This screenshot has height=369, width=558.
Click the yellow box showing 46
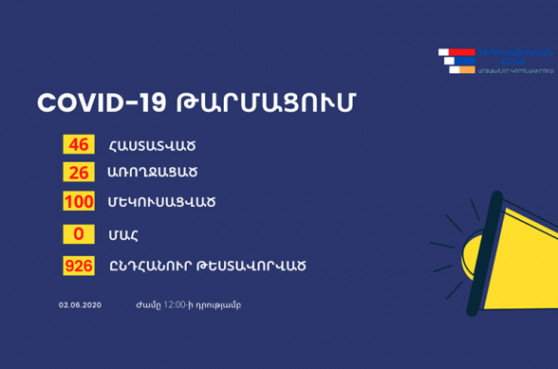coord(79,145)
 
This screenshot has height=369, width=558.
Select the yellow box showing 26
coord(79,173)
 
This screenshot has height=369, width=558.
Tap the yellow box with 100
coord(79,202)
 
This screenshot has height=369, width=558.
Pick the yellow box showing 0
coord(79,234)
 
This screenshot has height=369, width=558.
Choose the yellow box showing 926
coord(79,267)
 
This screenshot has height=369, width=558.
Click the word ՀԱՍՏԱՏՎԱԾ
coord(153,146)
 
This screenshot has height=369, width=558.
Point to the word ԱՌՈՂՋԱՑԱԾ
coord(153,174)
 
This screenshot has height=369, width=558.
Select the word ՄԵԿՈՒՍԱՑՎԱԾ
coord(162,203)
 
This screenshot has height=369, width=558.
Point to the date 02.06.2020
coord(80,305)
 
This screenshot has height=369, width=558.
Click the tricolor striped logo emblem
coord(458,60)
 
